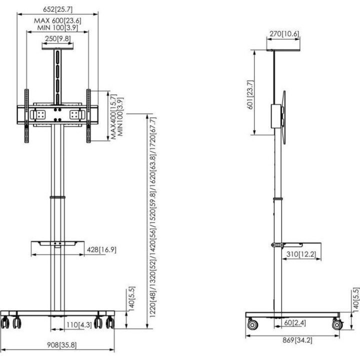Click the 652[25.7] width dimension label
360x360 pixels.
point(57,9)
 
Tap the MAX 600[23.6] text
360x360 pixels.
point(57,20)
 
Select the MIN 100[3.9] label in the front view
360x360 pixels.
point(57,27)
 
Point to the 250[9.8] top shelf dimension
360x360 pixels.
point(58,38)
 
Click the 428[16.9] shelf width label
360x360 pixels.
point(101,249)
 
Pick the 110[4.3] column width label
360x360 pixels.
point(79,325)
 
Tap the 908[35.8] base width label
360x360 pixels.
point(62,345)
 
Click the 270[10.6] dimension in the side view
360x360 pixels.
point(284,34)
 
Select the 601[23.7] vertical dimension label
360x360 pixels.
point(250,94)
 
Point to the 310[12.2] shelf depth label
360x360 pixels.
point(301,254)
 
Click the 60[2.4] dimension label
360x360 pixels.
point(295,322)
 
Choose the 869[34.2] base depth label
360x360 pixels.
point(297,340)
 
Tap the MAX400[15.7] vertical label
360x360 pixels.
point(114,116)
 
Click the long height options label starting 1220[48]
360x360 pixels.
point(152,217)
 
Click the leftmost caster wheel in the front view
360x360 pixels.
point(5,322)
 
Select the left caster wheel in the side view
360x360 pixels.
point(252,324)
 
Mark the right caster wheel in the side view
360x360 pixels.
point(337,324)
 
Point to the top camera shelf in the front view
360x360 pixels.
point(57,48)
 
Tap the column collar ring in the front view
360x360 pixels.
point(57,197)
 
